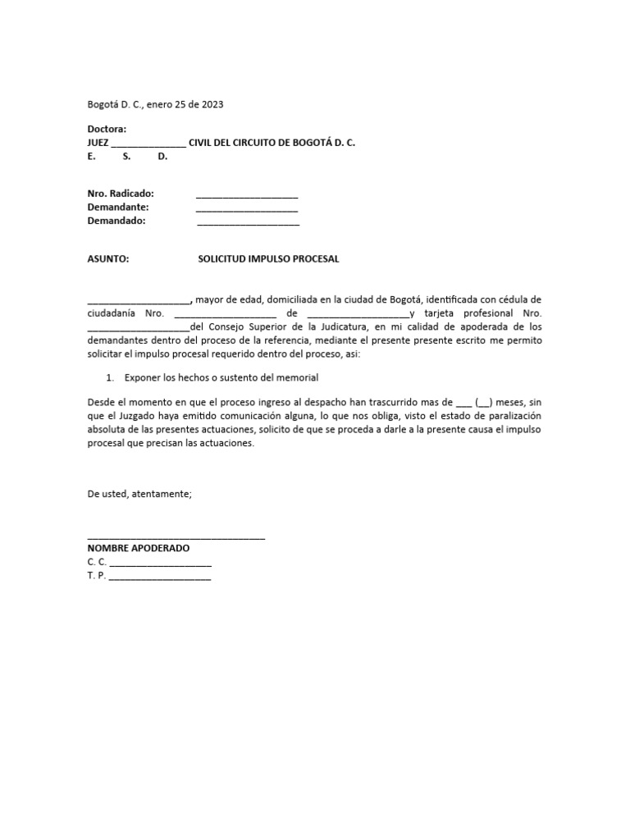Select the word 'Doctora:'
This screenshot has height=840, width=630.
pos(107,130)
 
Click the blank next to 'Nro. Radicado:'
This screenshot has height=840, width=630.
pos(247,196)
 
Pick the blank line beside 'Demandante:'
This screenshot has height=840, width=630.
pos(247,209)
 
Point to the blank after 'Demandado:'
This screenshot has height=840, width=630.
pos(248,223)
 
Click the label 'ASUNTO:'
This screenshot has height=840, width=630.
pos(108,259)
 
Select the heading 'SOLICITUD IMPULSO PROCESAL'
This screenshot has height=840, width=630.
pos(268,259)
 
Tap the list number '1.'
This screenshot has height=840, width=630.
pos(111,377)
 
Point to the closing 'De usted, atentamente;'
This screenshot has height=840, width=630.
pos(139,494)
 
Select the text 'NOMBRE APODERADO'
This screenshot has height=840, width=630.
pos(139,548)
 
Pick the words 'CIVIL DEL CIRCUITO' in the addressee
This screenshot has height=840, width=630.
pos(233,143)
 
